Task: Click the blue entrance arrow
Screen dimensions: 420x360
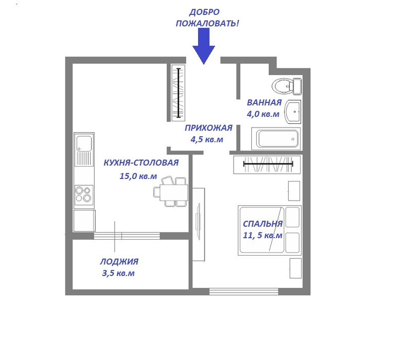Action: click(x=204, y=46)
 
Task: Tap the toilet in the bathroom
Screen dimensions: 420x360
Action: click(x=287, y=86)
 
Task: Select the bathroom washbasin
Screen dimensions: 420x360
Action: click(x=293, y=112)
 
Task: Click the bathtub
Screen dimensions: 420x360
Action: click(x=276, y=139)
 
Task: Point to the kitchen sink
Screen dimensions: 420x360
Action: click(x=84, y=150)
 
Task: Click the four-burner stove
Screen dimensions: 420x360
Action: click(x=84, y=195)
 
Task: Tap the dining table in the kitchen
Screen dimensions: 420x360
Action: click(x=173, y=192)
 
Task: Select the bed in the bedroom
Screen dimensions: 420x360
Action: click(x=270, y=230)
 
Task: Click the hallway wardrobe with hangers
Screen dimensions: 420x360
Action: click(x=179, y=93)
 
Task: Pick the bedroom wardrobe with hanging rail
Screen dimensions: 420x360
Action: click(x=267, y=165)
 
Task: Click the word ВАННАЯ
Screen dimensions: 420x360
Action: click(x=264, y=102)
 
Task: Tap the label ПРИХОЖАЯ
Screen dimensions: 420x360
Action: click(x=208, y=128)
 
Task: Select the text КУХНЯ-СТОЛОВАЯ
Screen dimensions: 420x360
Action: click(x=141, y=163)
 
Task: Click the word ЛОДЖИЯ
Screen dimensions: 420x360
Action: click(x=119, y=261)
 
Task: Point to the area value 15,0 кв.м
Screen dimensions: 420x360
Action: click(x=138, y=176)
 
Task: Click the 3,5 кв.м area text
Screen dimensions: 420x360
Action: click(x=118, y=273)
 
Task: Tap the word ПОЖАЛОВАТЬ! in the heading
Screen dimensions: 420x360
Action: click(x=207, y=23)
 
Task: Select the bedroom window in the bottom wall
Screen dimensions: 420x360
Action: click(x=244, y=292)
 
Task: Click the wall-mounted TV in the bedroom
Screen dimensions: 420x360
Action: click(x=199, y=221)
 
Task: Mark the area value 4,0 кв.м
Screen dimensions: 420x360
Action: click(x=263, y=114)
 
